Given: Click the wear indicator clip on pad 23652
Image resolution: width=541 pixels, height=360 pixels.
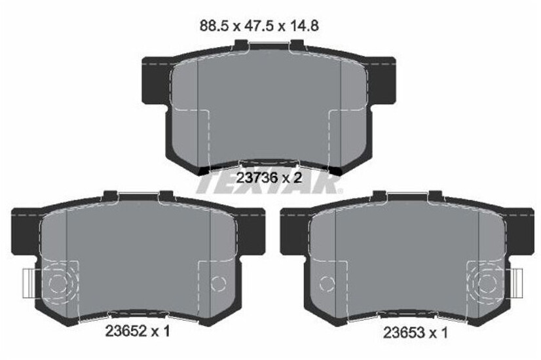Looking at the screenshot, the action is pyautogui.click(x=29, y=283).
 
